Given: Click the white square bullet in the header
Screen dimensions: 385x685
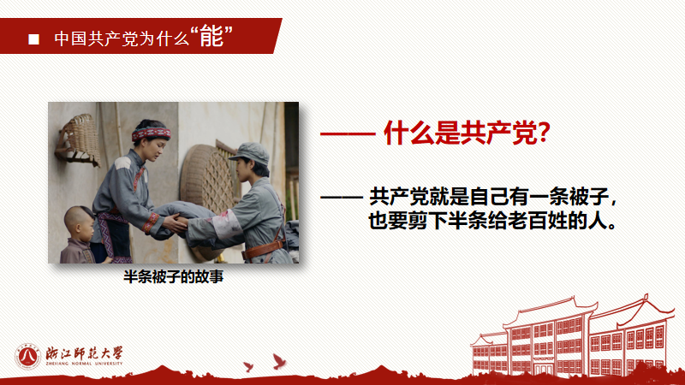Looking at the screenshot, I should click(34, 38).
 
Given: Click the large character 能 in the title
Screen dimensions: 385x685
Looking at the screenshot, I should click(211, 37).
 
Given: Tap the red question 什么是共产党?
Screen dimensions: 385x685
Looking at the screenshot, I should click(466, 133).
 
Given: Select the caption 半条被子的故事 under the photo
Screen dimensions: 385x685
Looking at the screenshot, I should click(173, 277).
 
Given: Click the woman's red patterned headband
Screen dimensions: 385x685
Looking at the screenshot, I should click(151, 133).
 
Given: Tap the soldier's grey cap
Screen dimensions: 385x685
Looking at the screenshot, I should click(249, 154).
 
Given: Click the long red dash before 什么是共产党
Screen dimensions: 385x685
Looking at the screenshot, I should click(347, 134).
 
